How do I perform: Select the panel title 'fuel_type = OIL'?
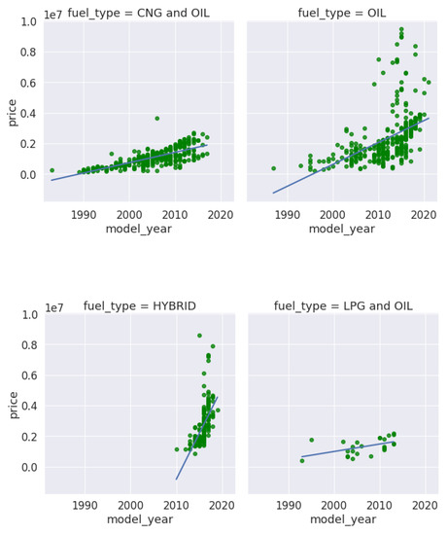(341, 12)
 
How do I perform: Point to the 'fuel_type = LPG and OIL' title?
(341, 305)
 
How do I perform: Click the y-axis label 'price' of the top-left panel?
(12, 111)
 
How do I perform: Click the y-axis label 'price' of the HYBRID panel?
(12, 405)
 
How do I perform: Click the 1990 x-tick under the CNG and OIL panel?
(85, 214)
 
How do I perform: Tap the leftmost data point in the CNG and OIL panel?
(52, 170)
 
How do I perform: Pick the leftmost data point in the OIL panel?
(274, 168)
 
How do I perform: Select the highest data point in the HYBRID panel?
(199, 336)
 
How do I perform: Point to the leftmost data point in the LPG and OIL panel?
(302, 460)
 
